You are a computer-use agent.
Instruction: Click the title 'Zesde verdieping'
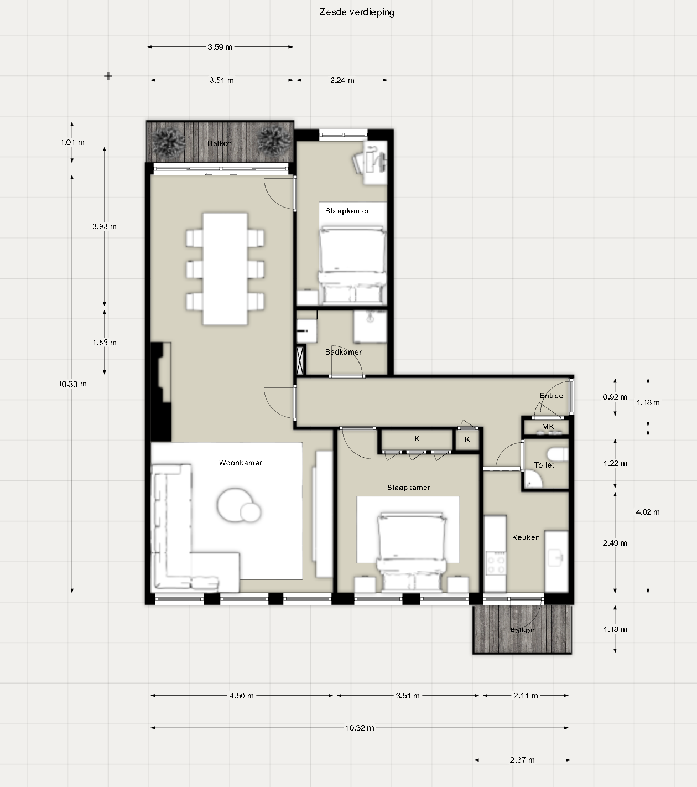point(356,12)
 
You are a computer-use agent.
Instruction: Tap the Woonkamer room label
point(241,463)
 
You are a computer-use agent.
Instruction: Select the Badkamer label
point(344,352)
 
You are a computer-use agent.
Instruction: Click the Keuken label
point(526,537)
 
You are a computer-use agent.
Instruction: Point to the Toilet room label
point(544,465)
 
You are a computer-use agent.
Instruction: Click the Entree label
point(551,396)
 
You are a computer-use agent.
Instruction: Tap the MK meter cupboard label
point(548,427)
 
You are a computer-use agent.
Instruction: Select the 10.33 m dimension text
point(72,384)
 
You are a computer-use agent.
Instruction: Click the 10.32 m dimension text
point(360,728)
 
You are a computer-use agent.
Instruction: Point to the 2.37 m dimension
point(522,760)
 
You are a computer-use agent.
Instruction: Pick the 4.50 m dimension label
point(242,696)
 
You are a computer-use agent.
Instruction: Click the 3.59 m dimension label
point(220,47)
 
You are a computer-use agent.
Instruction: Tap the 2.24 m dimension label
point(342,80)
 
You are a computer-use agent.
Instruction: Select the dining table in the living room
point(225,269)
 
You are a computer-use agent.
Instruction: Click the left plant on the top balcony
point(168,141)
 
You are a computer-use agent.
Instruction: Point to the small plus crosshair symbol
point(108,76)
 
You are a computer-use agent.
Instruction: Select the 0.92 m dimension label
point(615,397)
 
